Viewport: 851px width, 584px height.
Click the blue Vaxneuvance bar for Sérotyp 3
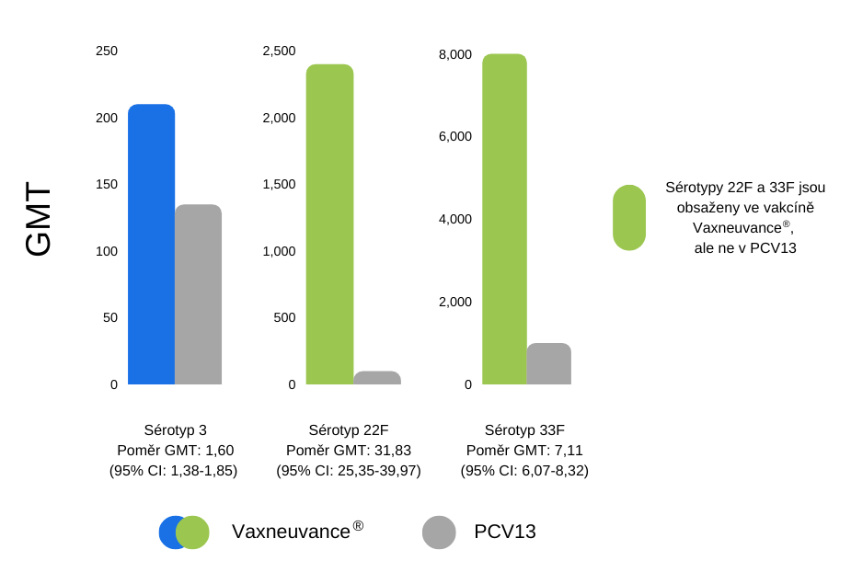pyautogui.click(x=151, y=245)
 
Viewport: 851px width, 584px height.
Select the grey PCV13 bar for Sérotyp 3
pyautogui.click(x=199, y=294)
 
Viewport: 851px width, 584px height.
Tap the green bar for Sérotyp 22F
pyautogui.click(x=329, y=224)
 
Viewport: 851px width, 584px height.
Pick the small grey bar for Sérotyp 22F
pyautogui.click(x=377, y=378)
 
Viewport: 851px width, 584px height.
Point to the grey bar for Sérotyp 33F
pyautogui.click(x=548, y=364)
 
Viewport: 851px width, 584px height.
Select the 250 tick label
pyautogui.click(x=107, y=51)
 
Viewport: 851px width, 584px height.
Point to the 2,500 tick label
pyautogui.click(x=279, y=51)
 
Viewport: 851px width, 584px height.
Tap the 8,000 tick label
pyautogui.click(x=454, y=54)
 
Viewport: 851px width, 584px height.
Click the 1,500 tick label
pyautogui.click(x=279, y=184)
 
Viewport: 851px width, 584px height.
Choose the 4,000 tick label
pyautogui.click(x=454, y=219)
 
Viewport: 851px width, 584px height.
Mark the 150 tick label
pyautogui.click(x=107, y=184)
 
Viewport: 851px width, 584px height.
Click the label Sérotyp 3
pyautogui.click(x=175, y=429)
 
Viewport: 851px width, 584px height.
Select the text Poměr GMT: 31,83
pyautogui.click(x=349, y=450)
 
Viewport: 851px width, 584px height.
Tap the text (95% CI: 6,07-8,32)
pyautogui.click(x=524, y=470)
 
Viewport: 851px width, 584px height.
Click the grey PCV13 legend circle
pyautogui.click(x=439, y=532)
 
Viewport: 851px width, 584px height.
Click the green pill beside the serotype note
pyautogui.click(x=629, y=217)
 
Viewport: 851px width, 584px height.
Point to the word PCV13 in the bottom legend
pyautogui.click(x=505, y=532)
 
